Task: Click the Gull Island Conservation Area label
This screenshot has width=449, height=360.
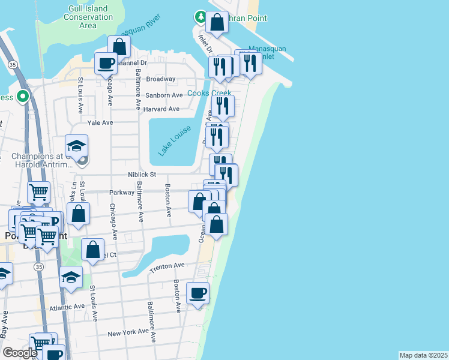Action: (88, 17)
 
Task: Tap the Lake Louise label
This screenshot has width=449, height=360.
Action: (175, 141)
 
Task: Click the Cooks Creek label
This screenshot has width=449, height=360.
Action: (209, 93)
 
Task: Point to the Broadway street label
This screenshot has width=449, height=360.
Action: (160, 79)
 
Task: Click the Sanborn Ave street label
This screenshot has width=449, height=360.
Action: (164, 95)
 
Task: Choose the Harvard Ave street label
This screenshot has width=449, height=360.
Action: (161, 109)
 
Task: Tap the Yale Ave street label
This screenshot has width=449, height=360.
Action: (100, 122)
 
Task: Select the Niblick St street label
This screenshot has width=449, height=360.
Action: (142, 175)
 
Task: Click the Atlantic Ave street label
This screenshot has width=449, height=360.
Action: (67, 307)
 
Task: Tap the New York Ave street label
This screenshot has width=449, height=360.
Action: (127, 332)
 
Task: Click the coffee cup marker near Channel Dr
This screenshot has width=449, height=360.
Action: (106, 63)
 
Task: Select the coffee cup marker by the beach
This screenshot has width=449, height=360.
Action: (198, 293)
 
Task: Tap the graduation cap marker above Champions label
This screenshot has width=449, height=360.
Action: (77, 146)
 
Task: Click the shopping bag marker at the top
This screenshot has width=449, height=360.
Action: (217, 23)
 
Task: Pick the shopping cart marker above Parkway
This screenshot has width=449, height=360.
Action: (38, 193)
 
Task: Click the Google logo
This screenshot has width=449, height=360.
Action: (20, 353)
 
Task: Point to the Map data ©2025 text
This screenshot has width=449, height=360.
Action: (423, 355)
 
